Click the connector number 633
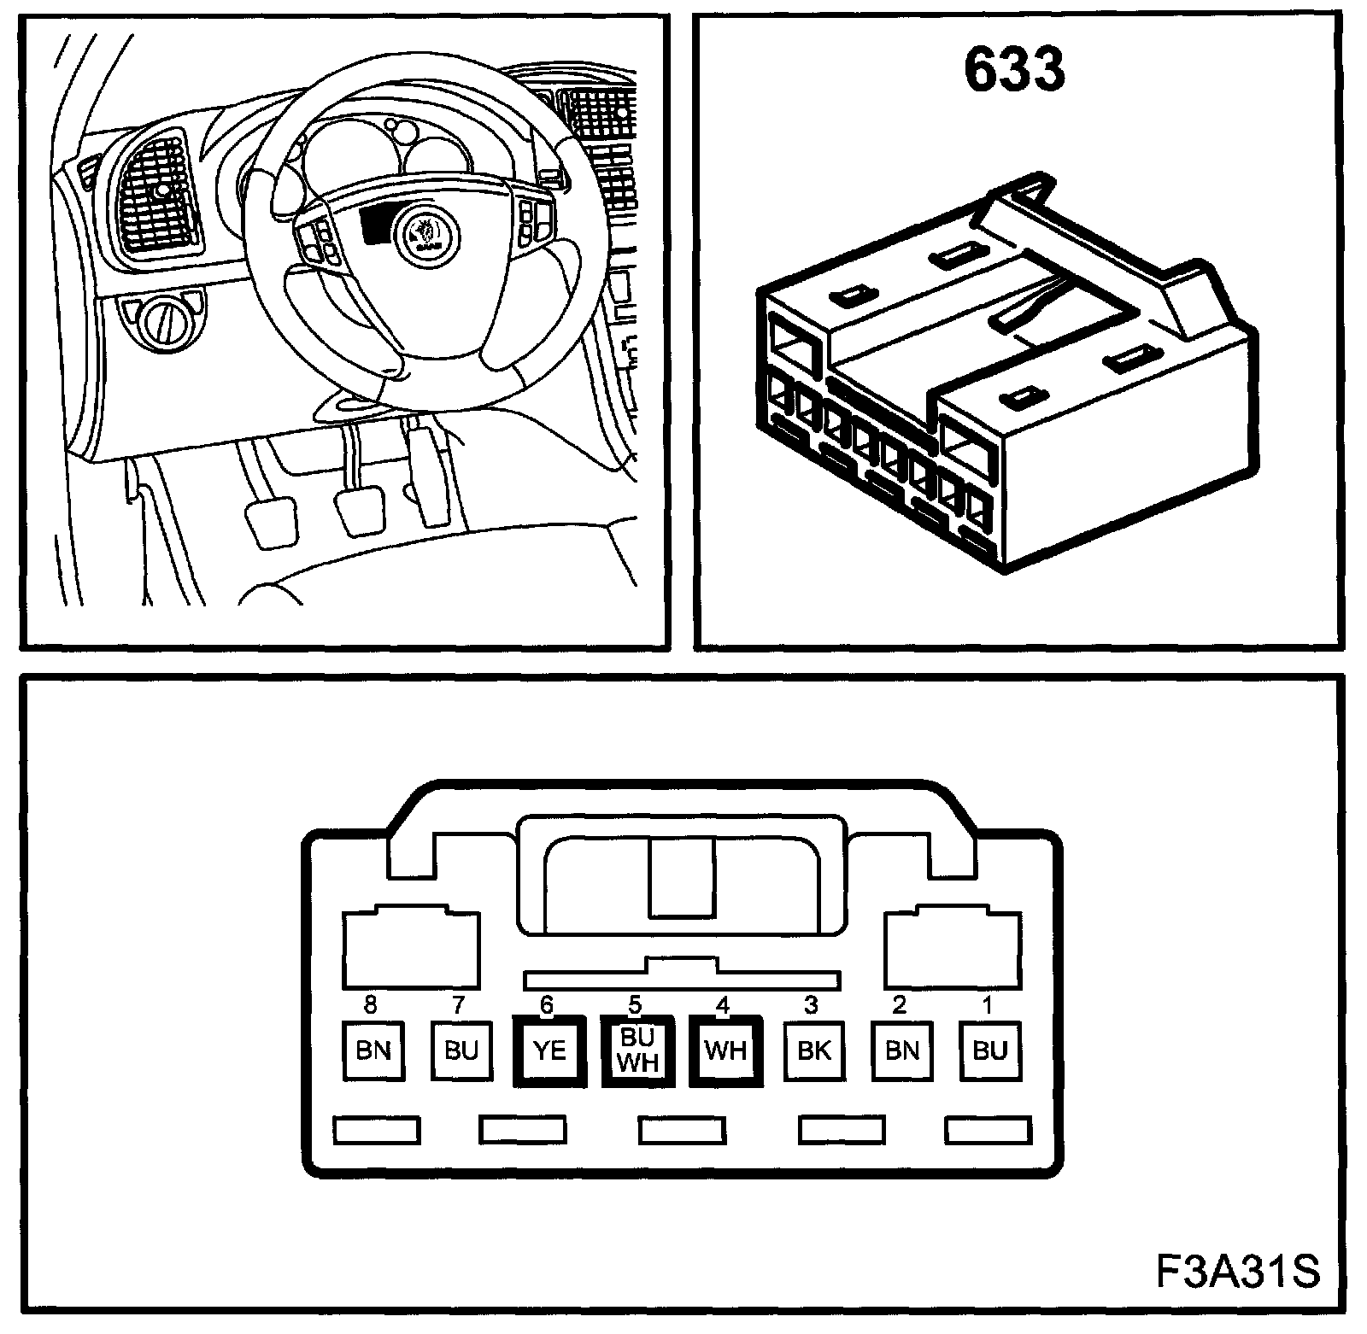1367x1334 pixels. pyautogui.click(x=1014, y=70)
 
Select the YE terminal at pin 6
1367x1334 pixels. pyautogui.click(x=549, y=1050)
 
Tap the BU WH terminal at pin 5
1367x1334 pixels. pyautogui.click(x=637, y=1050)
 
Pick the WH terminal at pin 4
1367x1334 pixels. pyautogui.click(x=725, y=1050)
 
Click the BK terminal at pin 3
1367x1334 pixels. pyautogui.click(x=813, y=1050)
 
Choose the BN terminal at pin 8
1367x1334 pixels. pyautogui.click(x=373, y=1050)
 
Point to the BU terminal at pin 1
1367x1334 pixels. pyautogui.click(x=990, y=1050)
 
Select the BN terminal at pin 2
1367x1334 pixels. pyautogui.click(x=901, y=1050)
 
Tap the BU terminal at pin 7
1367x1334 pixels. pyautogui.click(x=461, y=1050)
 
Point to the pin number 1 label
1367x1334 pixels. pyautogui.click(x=989, y=1005)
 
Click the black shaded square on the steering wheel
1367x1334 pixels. pyautogui.click(x=374, y=226)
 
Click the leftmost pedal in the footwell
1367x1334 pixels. pyautogui.click(x=269, y=520)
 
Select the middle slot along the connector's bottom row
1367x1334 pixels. pyautogui.click(x=682, y=1130)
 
